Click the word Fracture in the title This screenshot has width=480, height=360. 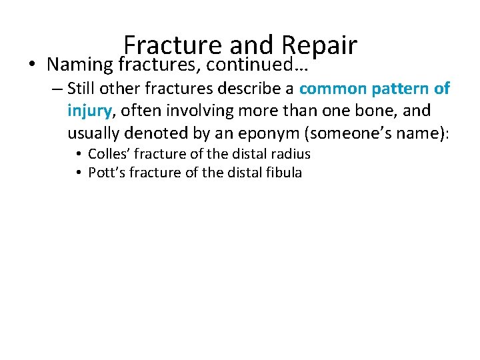(171, 45)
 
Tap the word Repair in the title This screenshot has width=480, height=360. (320, 45)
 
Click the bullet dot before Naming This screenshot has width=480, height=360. (23, 65)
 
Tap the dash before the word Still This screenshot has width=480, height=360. (56, 89)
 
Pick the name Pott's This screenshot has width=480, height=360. (106, 173)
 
